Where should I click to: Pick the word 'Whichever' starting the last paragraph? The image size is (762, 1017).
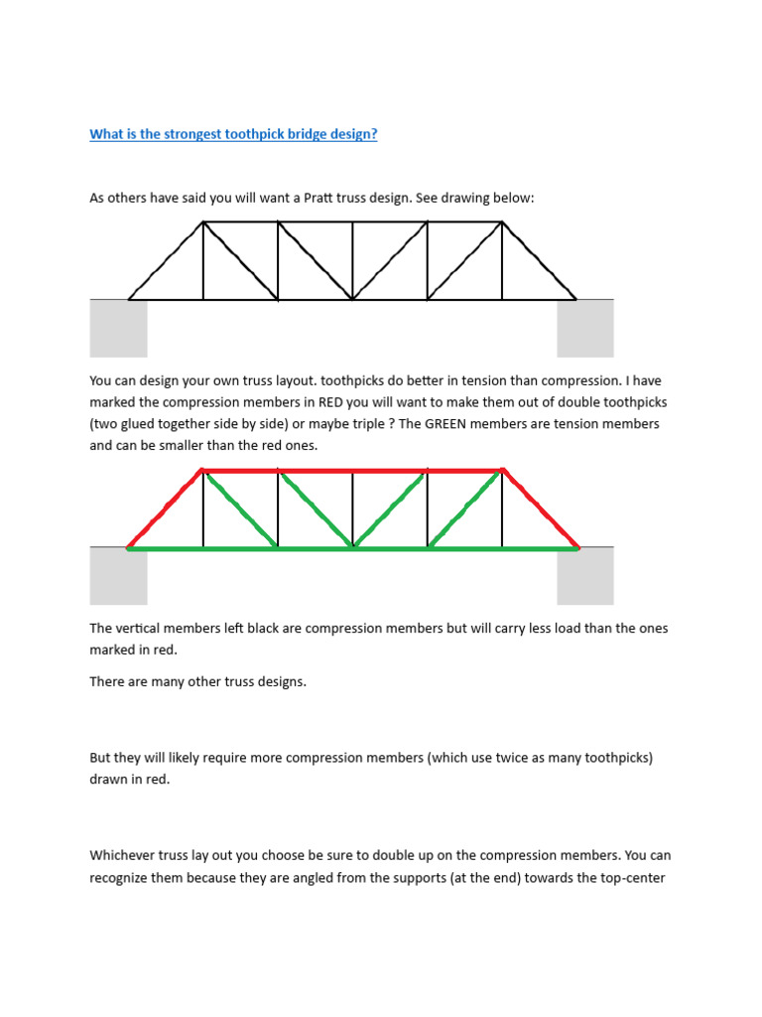(121, 855)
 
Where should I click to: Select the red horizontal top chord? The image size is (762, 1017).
(352, 470)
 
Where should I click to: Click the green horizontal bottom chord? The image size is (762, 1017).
(352, 547)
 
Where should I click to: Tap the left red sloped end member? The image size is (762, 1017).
(165, 508)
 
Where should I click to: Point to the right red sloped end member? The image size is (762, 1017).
(541, 508)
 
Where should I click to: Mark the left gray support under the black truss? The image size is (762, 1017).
(118, 328)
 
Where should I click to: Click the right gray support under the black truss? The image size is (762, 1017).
(585, 328)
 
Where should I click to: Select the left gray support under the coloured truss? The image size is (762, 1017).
(118, 576)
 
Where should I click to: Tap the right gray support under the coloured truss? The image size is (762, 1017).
(585, 576)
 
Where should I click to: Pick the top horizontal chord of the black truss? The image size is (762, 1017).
(352, 221)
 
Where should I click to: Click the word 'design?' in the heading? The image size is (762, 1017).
(352, 134)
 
